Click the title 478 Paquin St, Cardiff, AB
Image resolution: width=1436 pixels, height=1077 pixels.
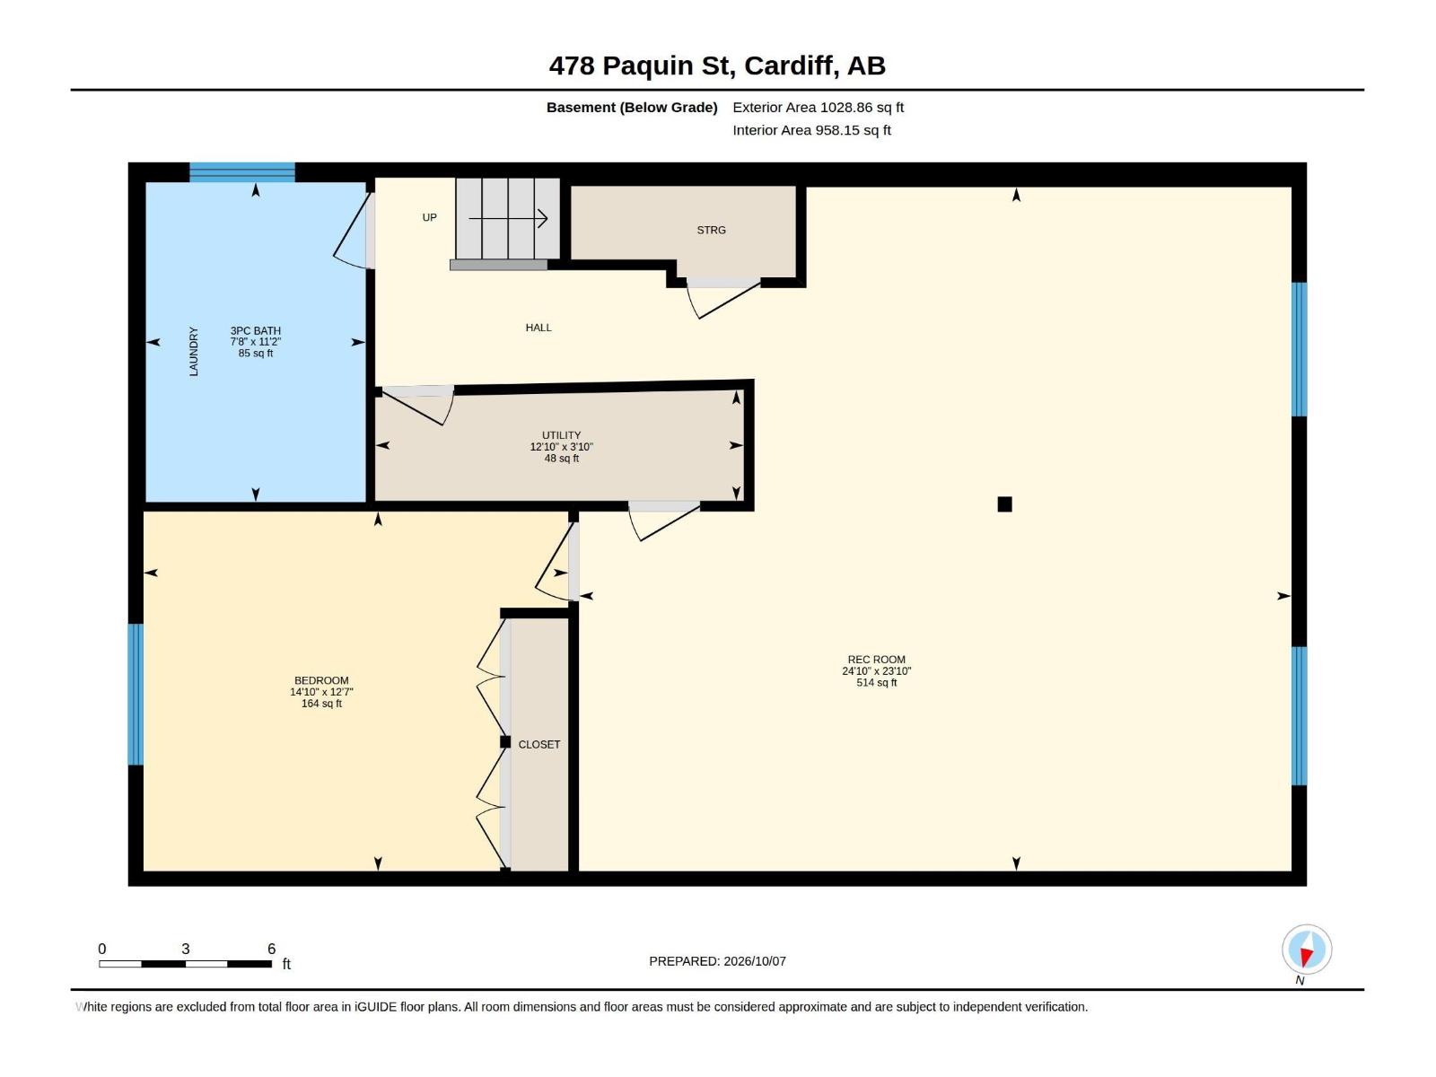click(x=717, y=66)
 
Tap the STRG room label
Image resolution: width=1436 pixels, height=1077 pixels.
click(x=711, y=230)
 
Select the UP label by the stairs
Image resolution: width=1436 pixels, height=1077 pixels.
click(x=429, y=217)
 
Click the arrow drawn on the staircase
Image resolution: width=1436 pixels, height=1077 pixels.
click(x=508, y=218)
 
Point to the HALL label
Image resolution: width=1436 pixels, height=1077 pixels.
click(x=538, y=328)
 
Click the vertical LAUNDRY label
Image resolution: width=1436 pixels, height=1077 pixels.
click(x=194, y=351)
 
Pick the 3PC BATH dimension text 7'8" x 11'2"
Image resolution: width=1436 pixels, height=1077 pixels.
click(x=255, y=342)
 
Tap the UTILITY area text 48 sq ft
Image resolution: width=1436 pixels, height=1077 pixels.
click(x=561, y=459)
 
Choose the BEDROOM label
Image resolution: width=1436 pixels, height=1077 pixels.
click(x=321, y=680)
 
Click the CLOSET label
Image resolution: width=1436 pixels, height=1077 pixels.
click(x=539, y=744)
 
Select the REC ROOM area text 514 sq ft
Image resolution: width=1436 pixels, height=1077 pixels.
click(x=876, y=682)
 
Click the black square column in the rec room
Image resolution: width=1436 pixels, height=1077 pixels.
click(x=1004, y=504)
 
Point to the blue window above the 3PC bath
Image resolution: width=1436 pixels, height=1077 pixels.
click(x=242, y=172)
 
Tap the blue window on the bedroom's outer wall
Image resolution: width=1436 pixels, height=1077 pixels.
click(x=136, y=694)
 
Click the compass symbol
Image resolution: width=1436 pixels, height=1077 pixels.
click(x=1306, y=949)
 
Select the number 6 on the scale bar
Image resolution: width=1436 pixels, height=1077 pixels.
click(x=272, y=948)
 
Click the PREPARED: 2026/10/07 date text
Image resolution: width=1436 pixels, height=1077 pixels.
click(x=717, y=960)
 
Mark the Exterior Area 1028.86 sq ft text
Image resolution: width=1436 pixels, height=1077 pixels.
click(x=818, y=107)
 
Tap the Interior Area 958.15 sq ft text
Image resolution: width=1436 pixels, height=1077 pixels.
click(x=811, y=130)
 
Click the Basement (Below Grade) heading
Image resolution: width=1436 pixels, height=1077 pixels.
click(x=632, y=107)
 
